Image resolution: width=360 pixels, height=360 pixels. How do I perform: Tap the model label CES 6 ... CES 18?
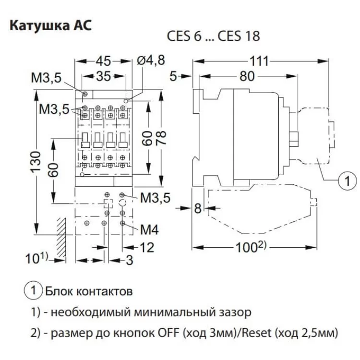point(214,37)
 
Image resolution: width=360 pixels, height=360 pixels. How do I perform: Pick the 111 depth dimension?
point(260,61)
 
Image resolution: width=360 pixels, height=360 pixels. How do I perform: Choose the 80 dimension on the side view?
point(247,77)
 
